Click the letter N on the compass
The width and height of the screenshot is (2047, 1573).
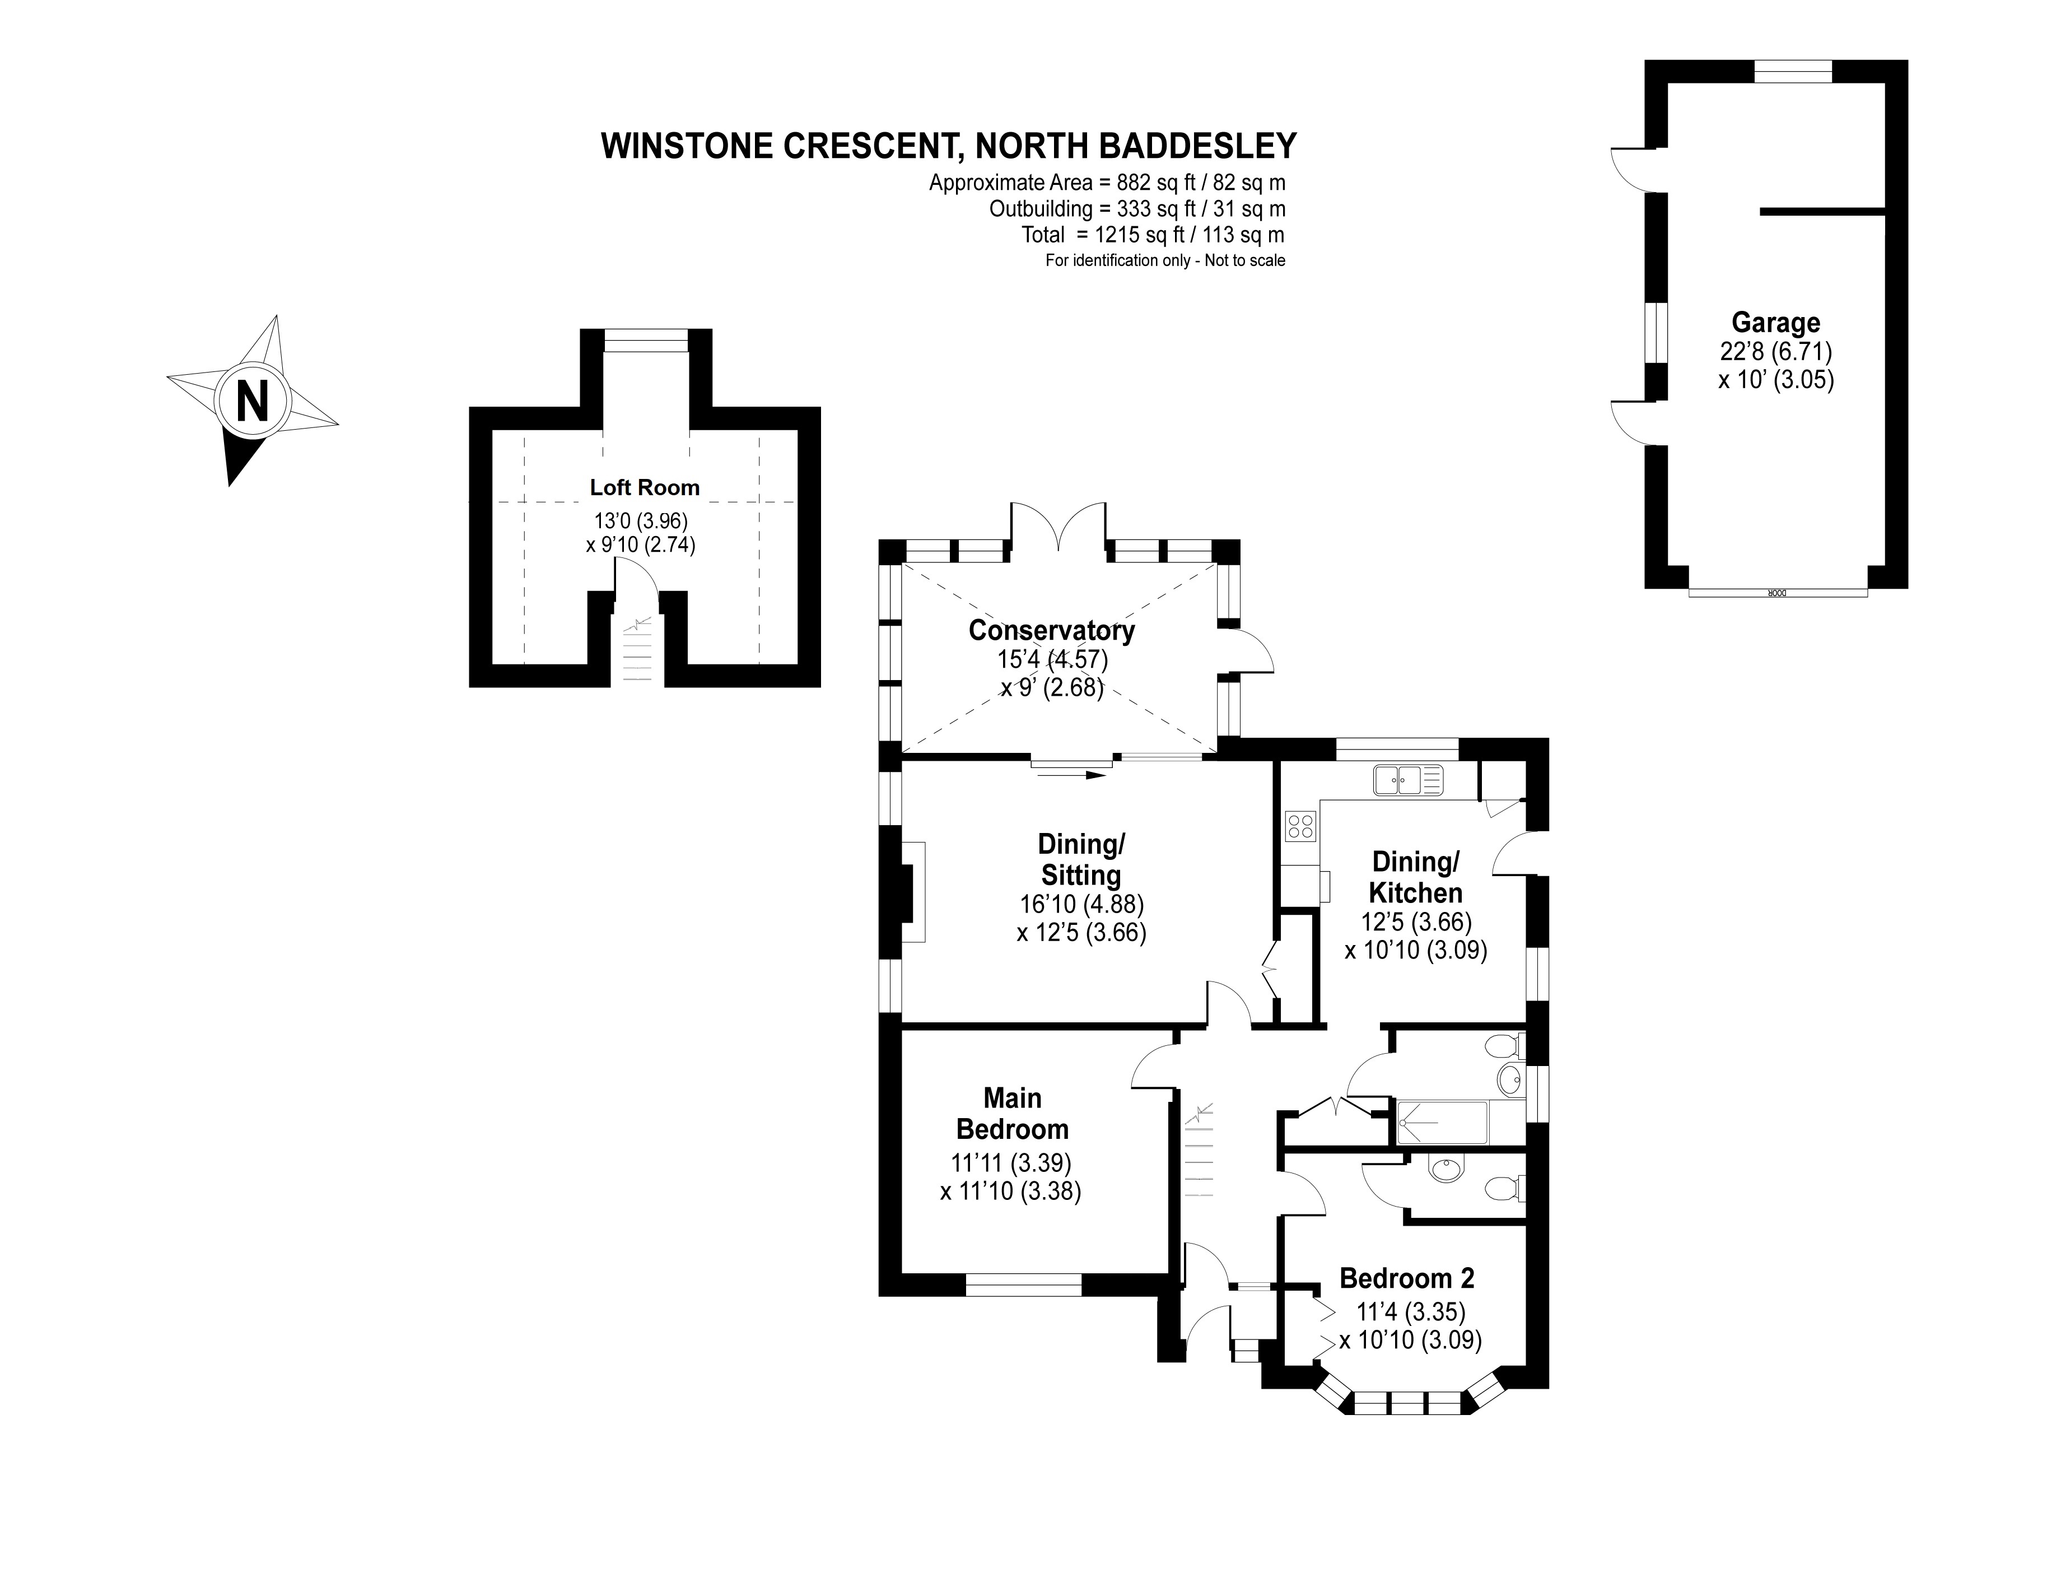point(252,403)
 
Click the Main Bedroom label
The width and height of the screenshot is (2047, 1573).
point(1012,1113)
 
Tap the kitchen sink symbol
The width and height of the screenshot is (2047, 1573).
point(1408,779)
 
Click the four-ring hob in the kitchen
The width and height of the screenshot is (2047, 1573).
point(1300,825)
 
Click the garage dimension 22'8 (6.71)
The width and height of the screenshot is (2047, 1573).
point(1775,352)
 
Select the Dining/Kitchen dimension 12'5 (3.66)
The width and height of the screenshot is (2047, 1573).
point(1415,922)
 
